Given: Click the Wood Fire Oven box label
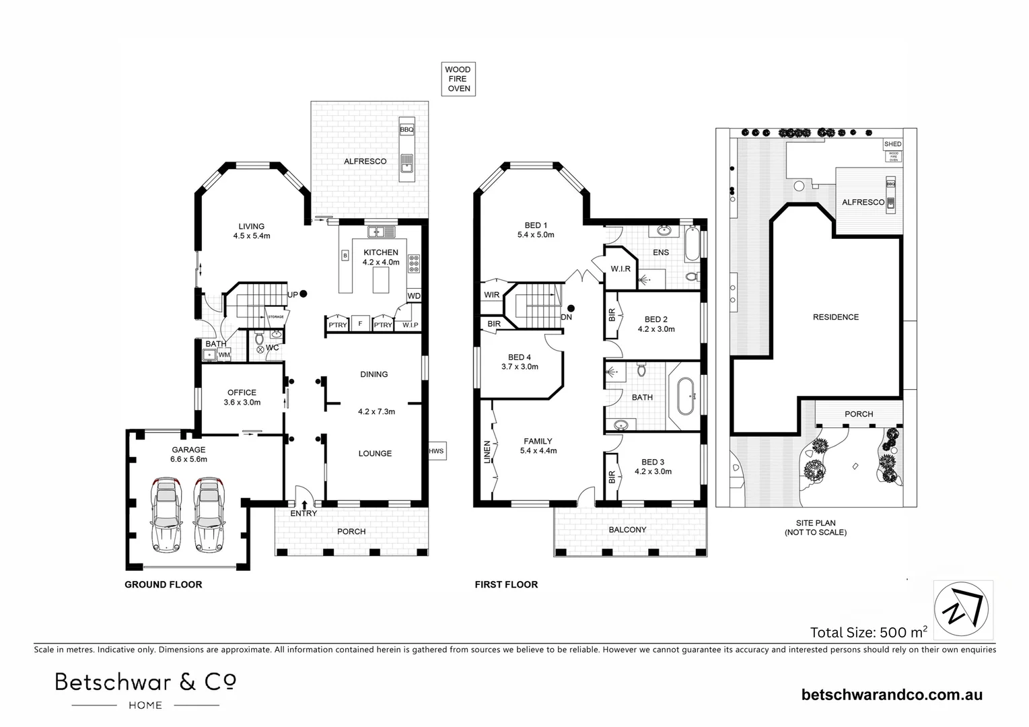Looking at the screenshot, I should pos(458,79).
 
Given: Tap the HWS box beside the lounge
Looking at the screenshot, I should pos(436,451).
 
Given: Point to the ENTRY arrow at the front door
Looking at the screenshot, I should pos(305,504).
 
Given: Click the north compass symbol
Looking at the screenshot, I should pos(963,609).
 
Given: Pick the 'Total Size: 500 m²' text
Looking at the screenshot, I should pos(869,632).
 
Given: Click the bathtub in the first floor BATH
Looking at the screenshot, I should pos(685,397).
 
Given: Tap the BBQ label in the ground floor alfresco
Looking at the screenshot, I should pos(406,129).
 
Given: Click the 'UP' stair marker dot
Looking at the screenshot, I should pos(304,293).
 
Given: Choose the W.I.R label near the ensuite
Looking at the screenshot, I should pos(620,269).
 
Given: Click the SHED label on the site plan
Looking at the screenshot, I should pos(892,144).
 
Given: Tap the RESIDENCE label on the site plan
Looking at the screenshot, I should pos(835,317).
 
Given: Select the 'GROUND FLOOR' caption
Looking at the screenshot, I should pos(163,584).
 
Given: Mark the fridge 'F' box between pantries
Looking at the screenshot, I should pos(360,324).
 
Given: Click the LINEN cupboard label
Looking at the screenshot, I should pos(487,452).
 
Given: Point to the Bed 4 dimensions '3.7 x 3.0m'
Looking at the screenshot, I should pos(520,367).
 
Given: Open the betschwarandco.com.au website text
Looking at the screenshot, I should pos(892,695).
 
